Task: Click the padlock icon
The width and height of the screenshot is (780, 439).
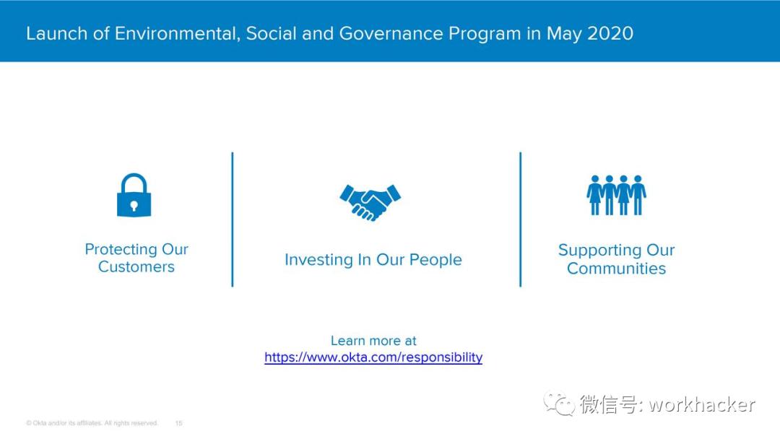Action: [134, 195]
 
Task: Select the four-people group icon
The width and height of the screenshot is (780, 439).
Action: [616, 195]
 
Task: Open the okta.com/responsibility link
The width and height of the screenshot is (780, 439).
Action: [373, 357]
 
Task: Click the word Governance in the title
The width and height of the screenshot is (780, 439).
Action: [391, 33]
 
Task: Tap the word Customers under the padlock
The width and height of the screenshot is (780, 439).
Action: [136, 266]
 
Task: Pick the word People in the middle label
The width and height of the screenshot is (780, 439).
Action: [435, 259]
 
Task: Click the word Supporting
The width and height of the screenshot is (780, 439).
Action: [599, 250]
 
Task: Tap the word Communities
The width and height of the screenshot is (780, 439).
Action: [616, 269]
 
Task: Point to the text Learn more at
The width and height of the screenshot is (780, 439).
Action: [373, 341]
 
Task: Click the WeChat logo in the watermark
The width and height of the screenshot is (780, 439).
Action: [558, 403]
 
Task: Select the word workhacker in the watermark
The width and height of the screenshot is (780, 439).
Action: [702, 404]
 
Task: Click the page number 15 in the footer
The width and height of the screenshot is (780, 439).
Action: [178, 423]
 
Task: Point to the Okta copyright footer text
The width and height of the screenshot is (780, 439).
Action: [92, 423]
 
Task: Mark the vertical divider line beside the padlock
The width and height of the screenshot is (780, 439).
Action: [233, 219]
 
